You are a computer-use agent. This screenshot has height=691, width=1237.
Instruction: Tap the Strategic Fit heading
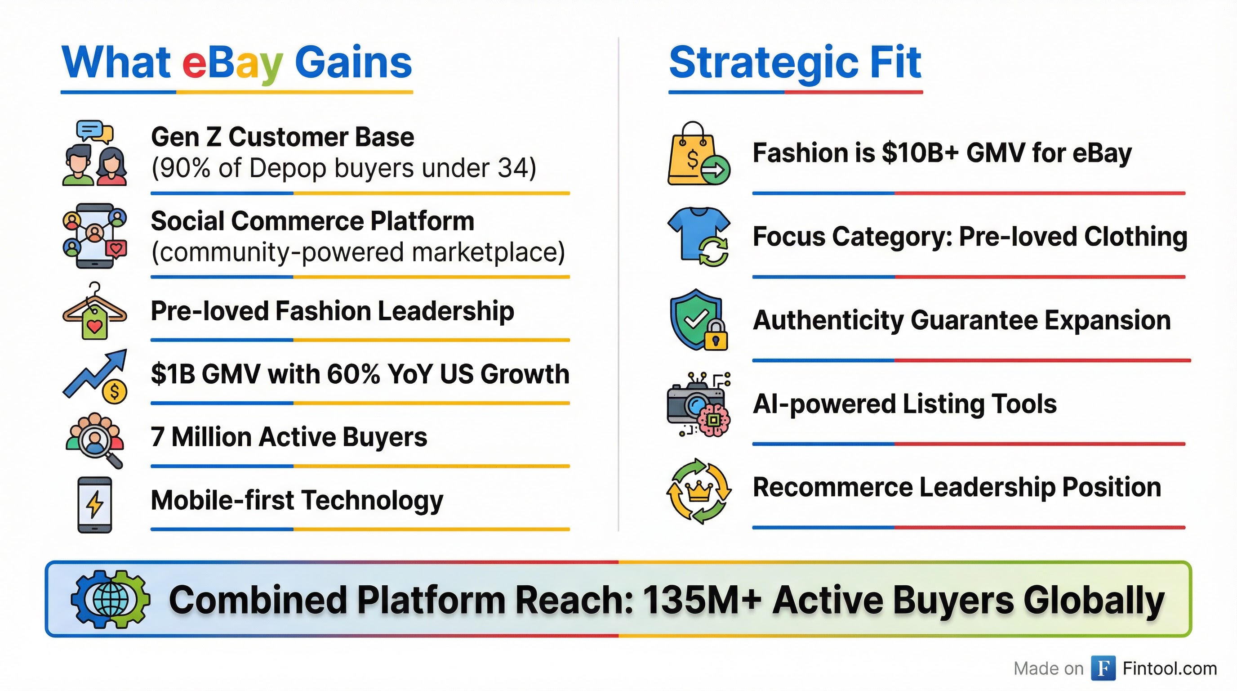pos(795,63)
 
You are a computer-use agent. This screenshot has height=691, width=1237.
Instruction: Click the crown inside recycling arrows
pos(699,490)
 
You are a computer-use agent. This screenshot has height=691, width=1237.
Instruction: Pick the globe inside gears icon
pos(111,599)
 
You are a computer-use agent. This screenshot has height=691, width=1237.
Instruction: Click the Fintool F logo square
pos(1103,669)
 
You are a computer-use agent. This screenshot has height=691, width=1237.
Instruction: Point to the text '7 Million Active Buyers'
pos(289,437)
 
